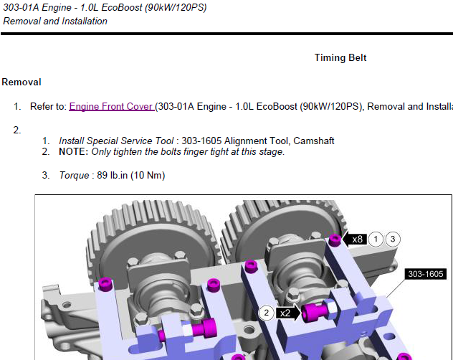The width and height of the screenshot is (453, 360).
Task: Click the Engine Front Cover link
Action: (112, 106)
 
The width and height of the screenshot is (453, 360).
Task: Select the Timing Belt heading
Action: (340, 57)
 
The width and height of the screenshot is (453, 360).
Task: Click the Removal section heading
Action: (22, 82)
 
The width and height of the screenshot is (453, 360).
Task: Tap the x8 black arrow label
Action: (354, 239)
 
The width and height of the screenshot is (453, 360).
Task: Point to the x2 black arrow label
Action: (288, 313)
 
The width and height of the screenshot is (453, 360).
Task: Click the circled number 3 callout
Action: (393, 239)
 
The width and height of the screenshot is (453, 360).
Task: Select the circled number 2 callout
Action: (266, 313)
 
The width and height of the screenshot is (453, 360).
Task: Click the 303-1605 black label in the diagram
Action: (426, 274)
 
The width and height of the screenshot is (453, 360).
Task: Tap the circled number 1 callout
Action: (376, 239)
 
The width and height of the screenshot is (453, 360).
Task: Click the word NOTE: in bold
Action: (73, 152)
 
